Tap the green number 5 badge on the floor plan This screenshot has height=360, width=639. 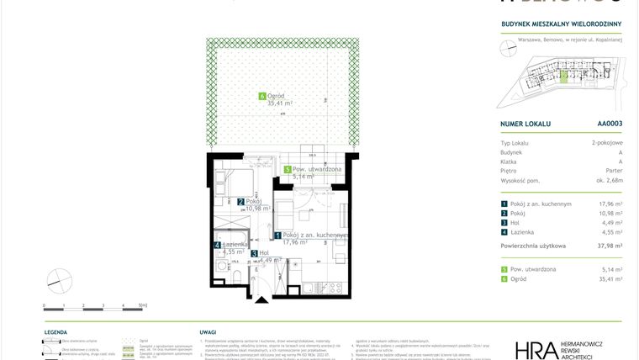coord(287,168)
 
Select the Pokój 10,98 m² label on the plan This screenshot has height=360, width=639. coord(253,203)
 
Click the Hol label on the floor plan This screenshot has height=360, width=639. coord(264,252)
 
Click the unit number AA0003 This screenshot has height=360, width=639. coord(610,124)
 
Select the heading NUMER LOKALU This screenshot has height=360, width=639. coord(525,124)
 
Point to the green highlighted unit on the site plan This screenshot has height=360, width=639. coord(564,77)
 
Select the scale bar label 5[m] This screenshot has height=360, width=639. coord(142,306)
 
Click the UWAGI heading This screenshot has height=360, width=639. coord(209,333)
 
